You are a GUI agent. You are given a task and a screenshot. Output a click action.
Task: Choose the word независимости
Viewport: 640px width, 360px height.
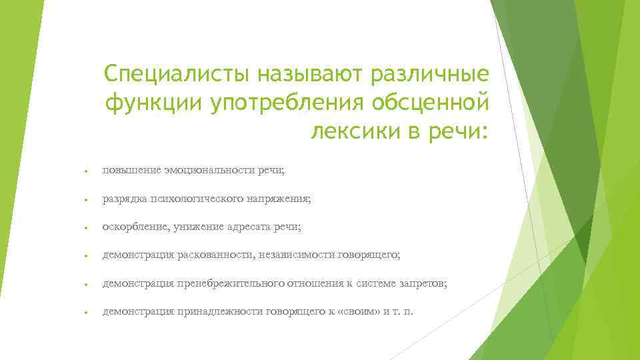tap(297, 255)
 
